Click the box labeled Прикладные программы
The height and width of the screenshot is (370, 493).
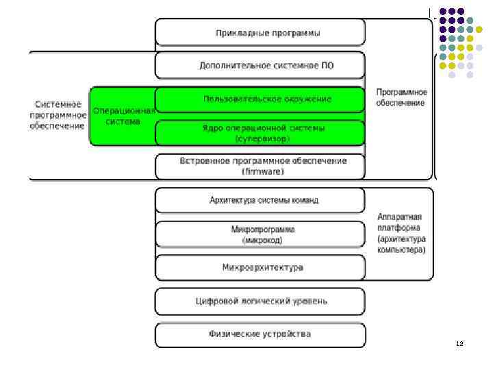[x=260, y=32]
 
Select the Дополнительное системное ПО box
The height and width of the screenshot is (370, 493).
[x=260, y=66]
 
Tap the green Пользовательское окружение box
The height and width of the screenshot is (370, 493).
[x=260, y=99]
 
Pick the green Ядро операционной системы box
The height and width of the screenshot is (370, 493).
[x=260, y=133]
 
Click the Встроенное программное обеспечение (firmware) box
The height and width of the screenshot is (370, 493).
[x=260, y=166]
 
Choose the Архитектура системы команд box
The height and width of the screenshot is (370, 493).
[x=260, y=200]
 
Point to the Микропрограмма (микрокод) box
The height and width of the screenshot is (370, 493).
[x=260, y=234]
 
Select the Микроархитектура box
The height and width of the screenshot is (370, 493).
[x=260, y=267]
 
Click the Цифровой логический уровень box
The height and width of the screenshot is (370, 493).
[x=260, y=300]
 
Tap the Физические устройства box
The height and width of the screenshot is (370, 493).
[x=260, y=334]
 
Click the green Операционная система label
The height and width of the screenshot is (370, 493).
[x=123, y=115]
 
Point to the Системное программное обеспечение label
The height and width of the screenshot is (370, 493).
[x=58, y=115]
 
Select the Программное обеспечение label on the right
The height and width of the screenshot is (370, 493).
[x=401, y=98]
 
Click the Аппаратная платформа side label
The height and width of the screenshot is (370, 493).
[x=401, y=233]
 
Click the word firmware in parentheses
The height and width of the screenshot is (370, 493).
[x=263, y=171]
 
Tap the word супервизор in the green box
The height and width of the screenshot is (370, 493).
[x=263, y=138]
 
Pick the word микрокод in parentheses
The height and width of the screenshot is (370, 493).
[x=263, y=241]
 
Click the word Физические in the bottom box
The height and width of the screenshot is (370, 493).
[x=233, y=334]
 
